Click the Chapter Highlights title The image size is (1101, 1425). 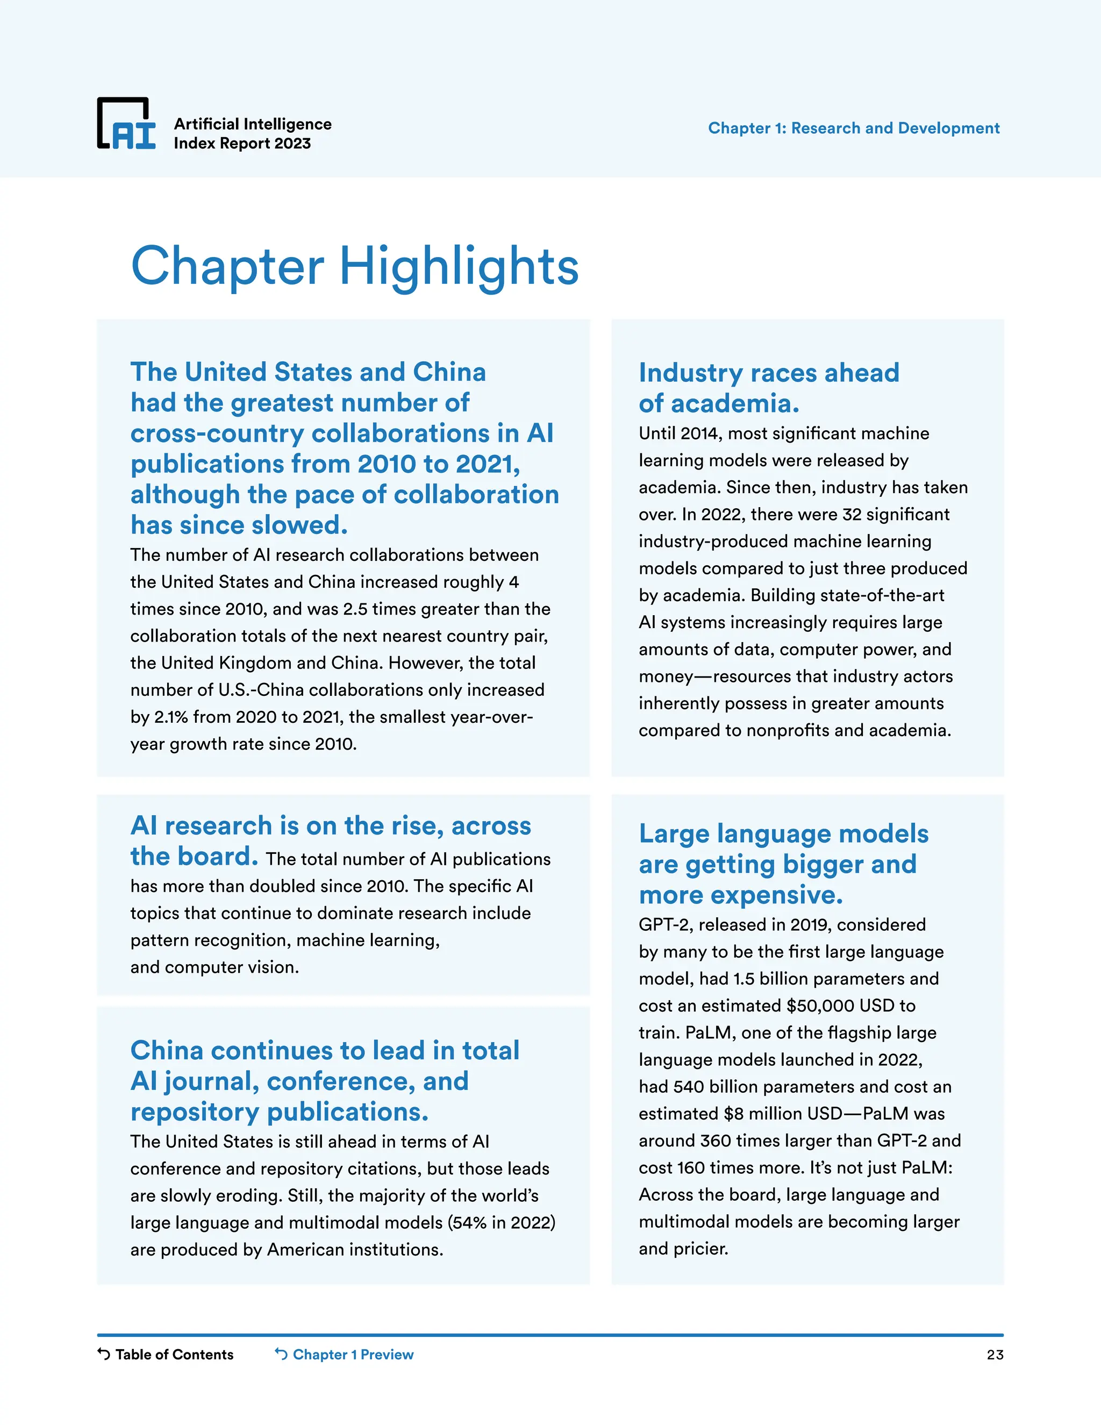354,266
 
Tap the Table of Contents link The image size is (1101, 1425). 166,1354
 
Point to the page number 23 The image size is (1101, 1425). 995,1355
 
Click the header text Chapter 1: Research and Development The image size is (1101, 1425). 853,128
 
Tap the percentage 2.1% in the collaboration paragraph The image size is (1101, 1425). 171,717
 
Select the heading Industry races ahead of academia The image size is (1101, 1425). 768,388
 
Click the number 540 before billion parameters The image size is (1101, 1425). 689,1086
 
